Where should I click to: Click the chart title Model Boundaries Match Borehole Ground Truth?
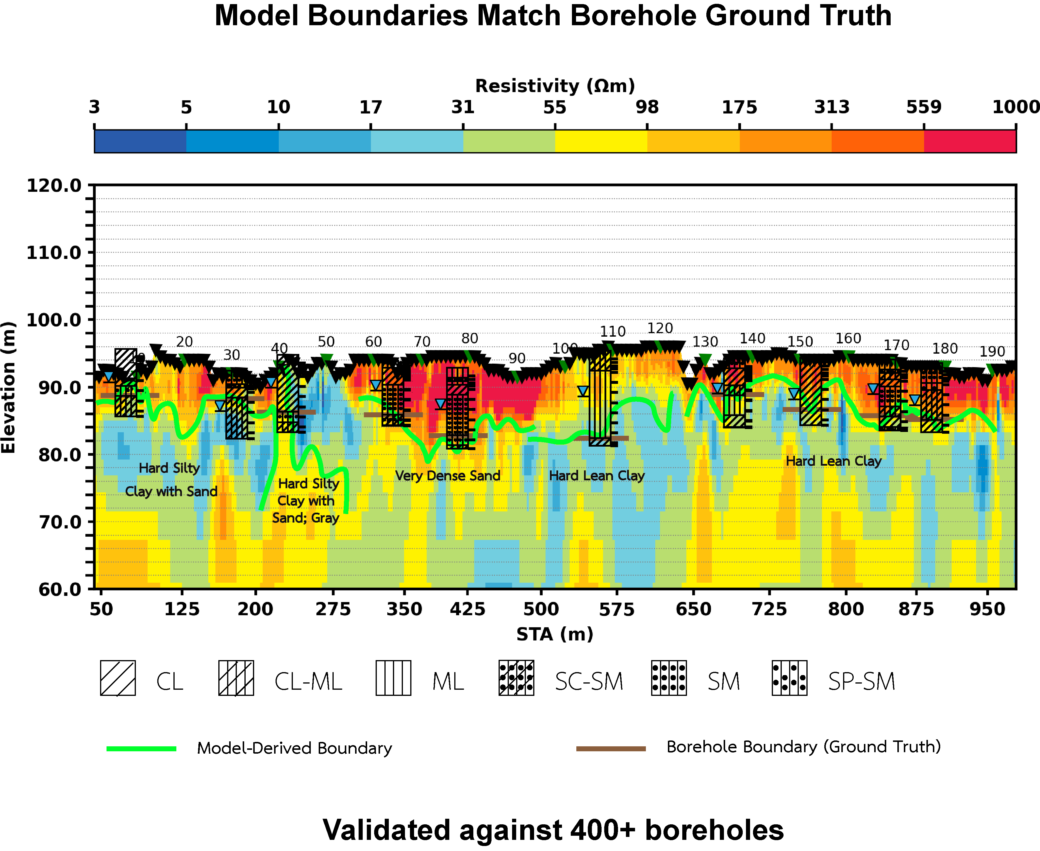point(553,16)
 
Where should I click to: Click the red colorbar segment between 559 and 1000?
point(970,141)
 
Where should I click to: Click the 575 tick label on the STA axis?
point(617,609)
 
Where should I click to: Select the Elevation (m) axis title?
point(9,387)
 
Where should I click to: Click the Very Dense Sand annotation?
point(448,476)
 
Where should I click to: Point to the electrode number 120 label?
point(660,328)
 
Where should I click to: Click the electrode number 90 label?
point(516,358)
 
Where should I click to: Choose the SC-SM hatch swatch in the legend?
point(516,678)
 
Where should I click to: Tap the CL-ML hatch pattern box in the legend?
point(236,678)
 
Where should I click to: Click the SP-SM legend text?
point(862,682)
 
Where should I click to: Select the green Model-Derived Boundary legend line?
point(141,749)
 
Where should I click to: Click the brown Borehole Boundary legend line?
point(611,749)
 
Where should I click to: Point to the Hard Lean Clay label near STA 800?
point(833,461)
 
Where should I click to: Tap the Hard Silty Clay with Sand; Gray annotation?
point(306,501)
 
